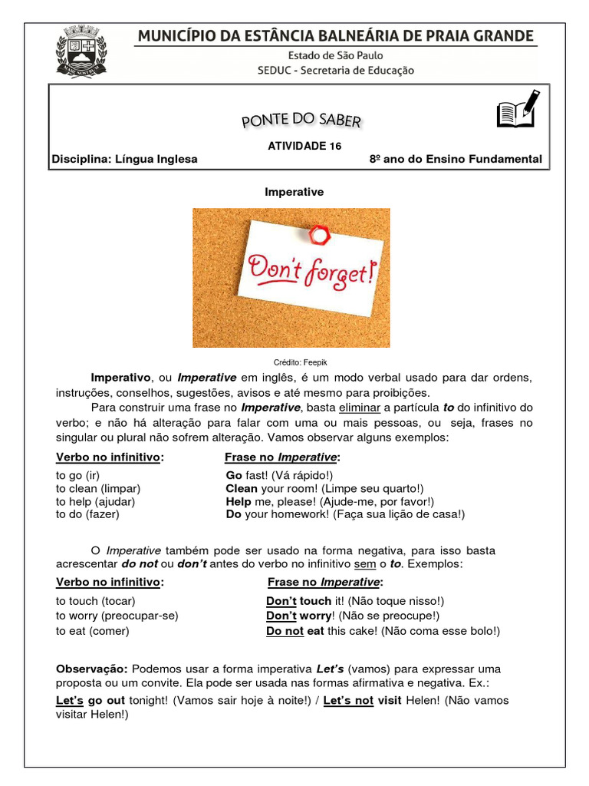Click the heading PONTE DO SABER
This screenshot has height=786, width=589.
301,120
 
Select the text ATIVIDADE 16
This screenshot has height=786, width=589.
304,145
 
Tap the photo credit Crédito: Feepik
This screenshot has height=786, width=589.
294,362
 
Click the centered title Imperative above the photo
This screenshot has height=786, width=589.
294,192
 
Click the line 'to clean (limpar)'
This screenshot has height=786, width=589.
98,488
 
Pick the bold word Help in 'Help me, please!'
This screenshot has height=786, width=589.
239,501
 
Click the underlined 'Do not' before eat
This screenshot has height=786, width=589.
285,631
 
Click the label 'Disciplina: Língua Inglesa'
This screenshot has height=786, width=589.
124,160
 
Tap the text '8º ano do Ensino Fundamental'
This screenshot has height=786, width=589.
456,160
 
